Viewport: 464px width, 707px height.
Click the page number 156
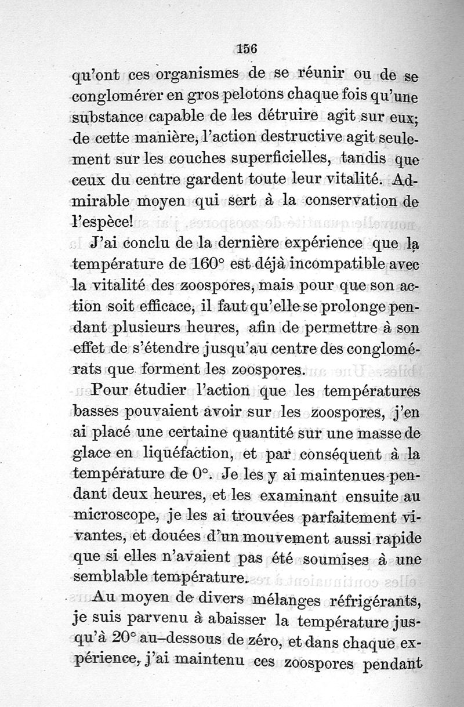click(x=247, y=49)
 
